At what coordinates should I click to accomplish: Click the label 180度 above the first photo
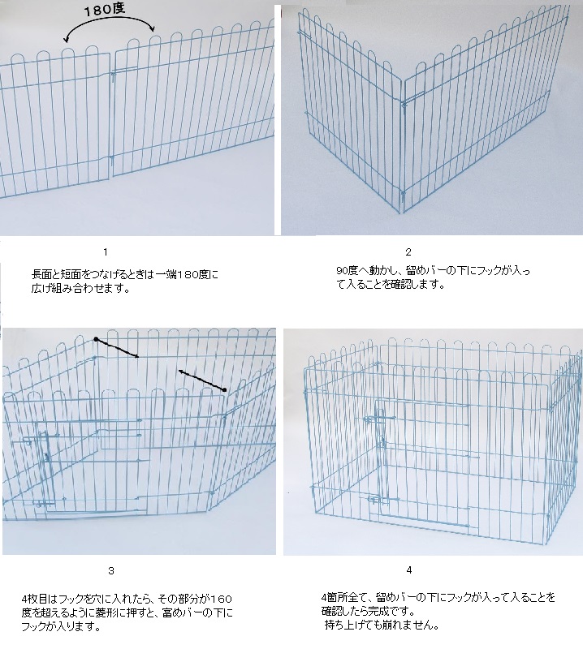105,10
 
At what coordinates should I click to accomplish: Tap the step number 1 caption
106,252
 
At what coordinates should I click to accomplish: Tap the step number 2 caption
408,252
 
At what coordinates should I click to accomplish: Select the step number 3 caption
111,571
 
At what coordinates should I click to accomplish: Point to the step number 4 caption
409,570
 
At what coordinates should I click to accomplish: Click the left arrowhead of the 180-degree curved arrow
65,40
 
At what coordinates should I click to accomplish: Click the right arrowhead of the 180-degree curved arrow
152,28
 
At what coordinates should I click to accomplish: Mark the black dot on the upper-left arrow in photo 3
96,339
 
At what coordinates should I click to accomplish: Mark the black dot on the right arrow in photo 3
224,390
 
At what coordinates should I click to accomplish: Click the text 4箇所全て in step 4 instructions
346,598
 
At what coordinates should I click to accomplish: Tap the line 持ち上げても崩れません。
382,625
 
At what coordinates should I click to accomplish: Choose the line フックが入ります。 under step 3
62,627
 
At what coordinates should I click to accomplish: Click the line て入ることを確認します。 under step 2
391,286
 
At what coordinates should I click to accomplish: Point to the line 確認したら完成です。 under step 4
368,612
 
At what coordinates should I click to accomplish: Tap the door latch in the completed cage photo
379,419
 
